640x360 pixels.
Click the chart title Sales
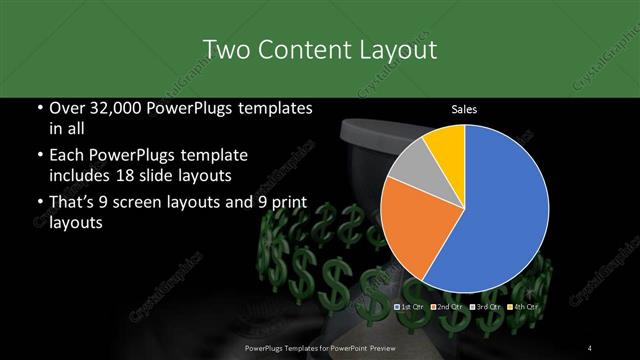click(463, 109)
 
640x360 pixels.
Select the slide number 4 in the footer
click(591, 347)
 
